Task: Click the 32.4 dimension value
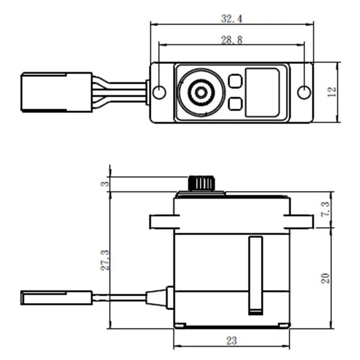pyautogui.click(x=231, y=19)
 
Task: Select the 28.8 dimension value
pyautogui.click(x=231, y=40)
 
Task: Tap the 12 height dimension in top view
pyautogui.click(x=332, y=92)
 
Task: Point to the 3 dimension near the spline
pyautogui.click(x=104, y=184)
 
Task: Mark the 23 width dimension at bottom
pyautogui.click(x=231, y=341)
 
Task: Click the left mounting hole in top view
pyautogui.click(x=160, y=92)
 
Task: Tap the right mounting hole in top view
pyautogui.click(x=304, y=92)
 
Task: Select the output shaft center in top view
pyautogui.click(x=200, y=92)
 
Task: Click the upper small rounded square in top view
pyautogui.click(x=235, y=81)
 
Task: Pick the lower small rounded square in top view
pyautogui.click(x=235, y=104)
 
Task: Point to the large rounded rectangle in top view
pyautogui.click(x=263, y=93)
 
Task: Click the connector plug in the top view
pyautogui.click(x=44, y=92)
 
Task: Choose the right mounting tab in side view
pyautogui.click(x=299, y=221)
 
